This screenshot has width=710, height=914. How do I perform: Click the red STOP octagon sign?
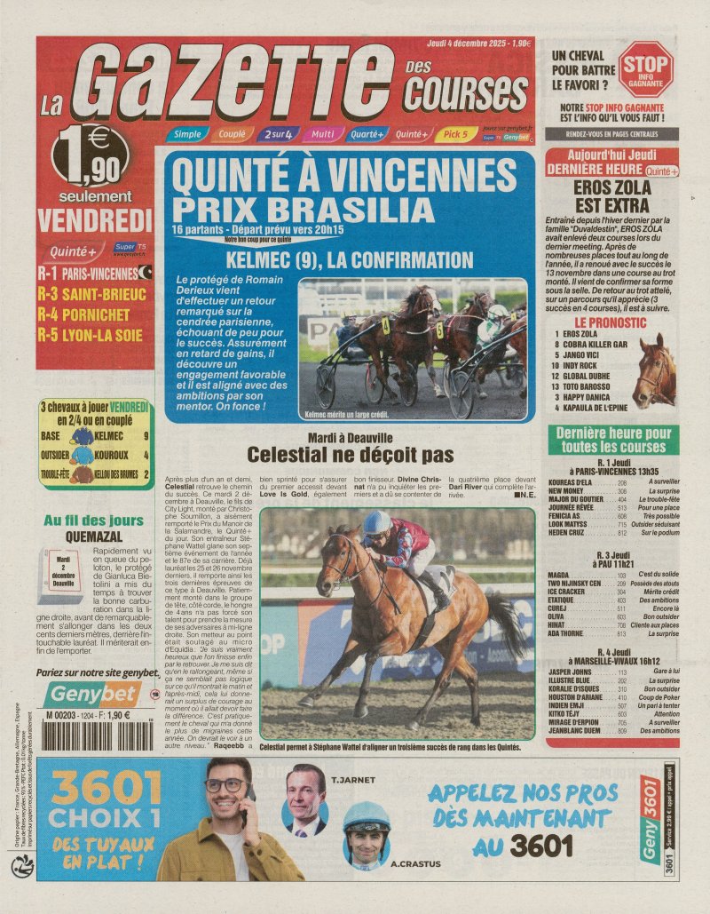tap(645, 69)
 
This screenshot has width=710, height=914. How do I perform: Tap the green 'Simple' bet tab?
tap(186, 134)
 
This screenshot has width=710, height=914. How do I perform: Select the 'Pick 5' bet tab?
tap(455, 134)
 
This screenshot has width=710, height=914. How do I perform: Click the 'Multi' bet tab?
tap(321, 134)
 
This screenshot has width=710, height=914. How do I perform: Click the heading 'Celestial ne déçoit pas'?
tap(350, 456)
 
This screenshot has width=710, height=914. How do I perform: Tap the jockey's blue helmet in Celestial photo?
tap(376, 522)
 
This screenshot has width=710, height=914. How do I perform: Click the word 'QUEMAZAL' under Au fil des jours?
tap(98, 536)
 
